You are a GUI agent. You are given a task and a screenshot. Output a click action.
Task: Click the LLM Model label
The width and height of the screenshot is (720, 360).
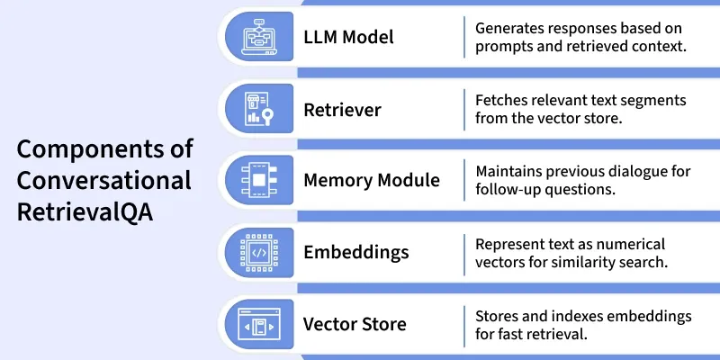(x=348, y=38)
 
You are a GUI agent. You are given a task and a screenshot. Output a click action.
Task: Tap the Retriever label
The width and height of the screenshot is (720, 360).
(x=342, y=110)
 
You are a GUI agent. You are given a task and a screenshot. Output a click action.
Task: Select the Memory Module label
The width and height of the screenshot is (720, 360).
(x=372, y=180)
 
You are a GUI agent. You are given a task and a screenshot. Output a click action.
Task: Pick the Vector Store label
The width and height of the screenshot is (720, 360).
(x=355, y=324)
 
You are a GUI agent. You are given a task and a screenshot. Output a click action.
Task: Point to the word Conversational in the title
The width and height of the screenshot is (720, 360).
(x=104, y=181)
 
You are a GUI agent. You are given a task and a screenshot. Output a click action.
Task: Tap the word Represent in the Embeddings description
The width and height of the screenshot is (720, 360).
(x=512, y=243)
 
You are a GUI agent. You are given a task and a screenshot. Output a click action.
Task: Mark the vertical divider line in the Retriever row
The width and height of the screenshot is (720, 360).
(x=464, y=110)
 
